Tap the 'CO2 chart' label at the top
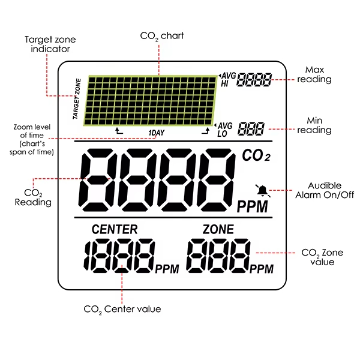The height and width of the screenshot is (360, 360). pos(161,36)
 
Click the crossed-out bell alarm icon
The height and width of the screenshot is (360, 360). pos(262,190)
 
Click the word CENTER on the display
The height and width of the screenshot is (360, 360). pos(115,229)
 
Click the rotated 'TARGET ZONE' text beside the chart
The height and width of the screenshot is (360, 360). pos(77,98)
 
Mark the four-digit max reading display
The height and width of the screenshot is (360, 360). pos(254,79)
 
